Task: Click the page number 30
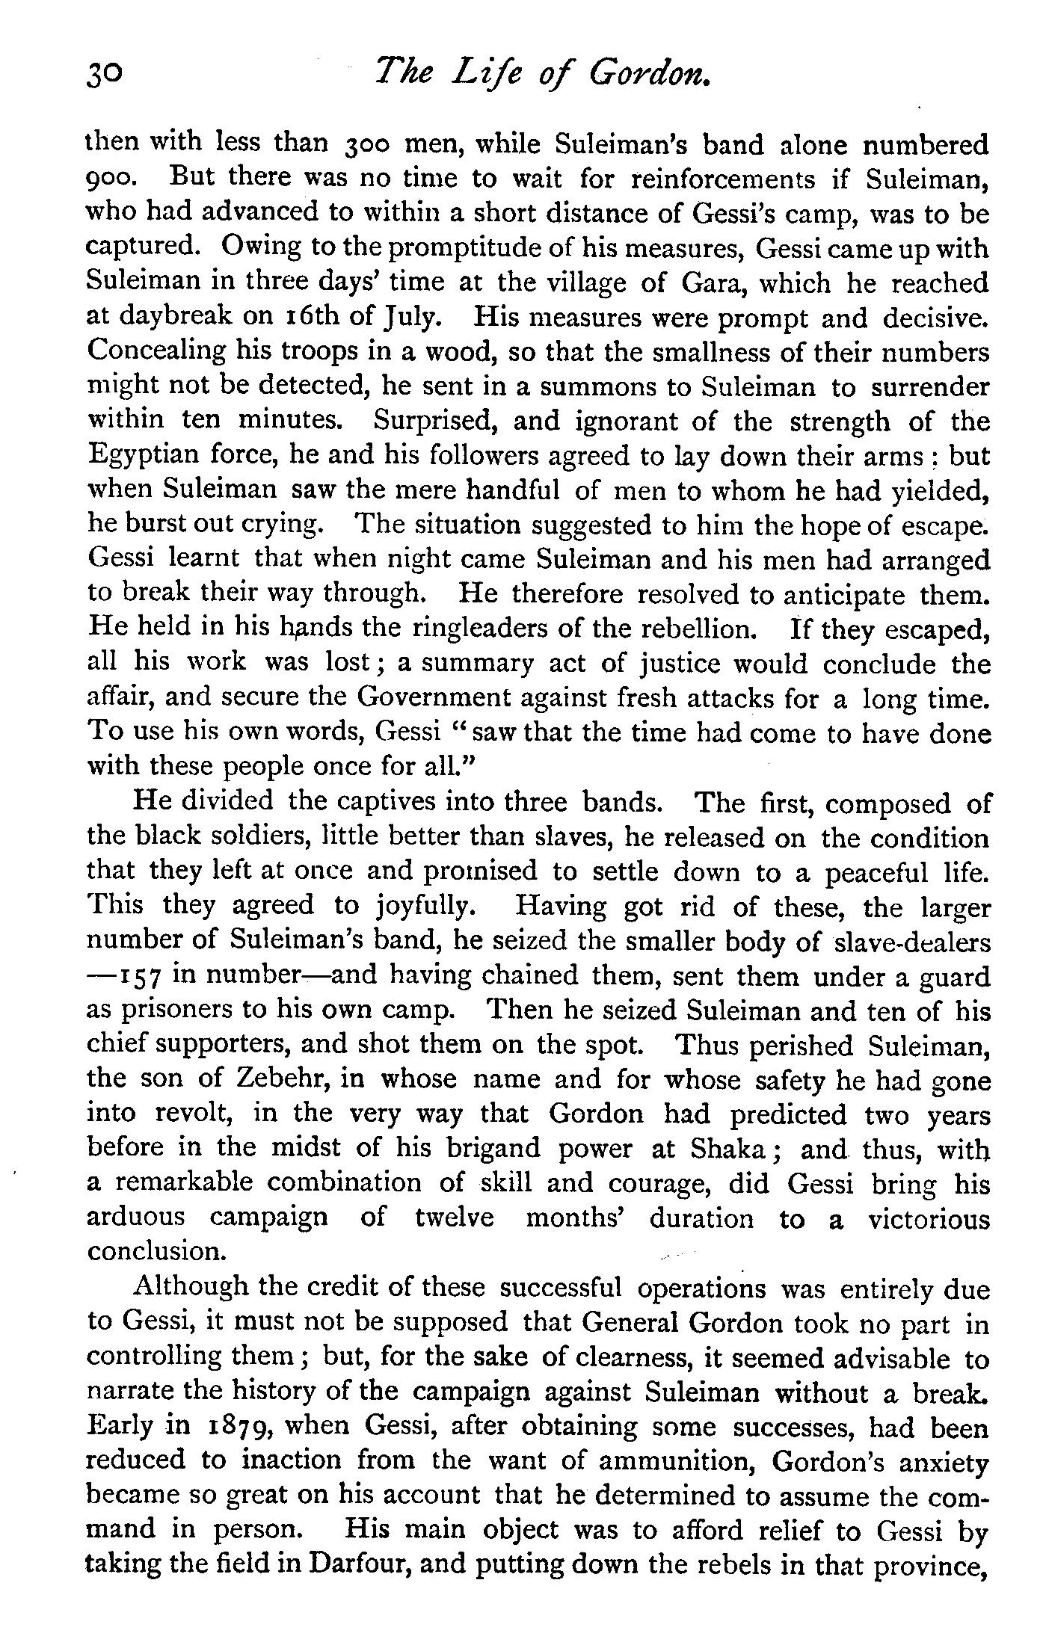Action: click(103, 75)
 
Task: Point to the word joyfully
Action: click(426, 907)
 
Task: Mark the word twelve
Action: click(455, 1218)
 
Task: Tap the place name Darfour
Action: click(353, 1564)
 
